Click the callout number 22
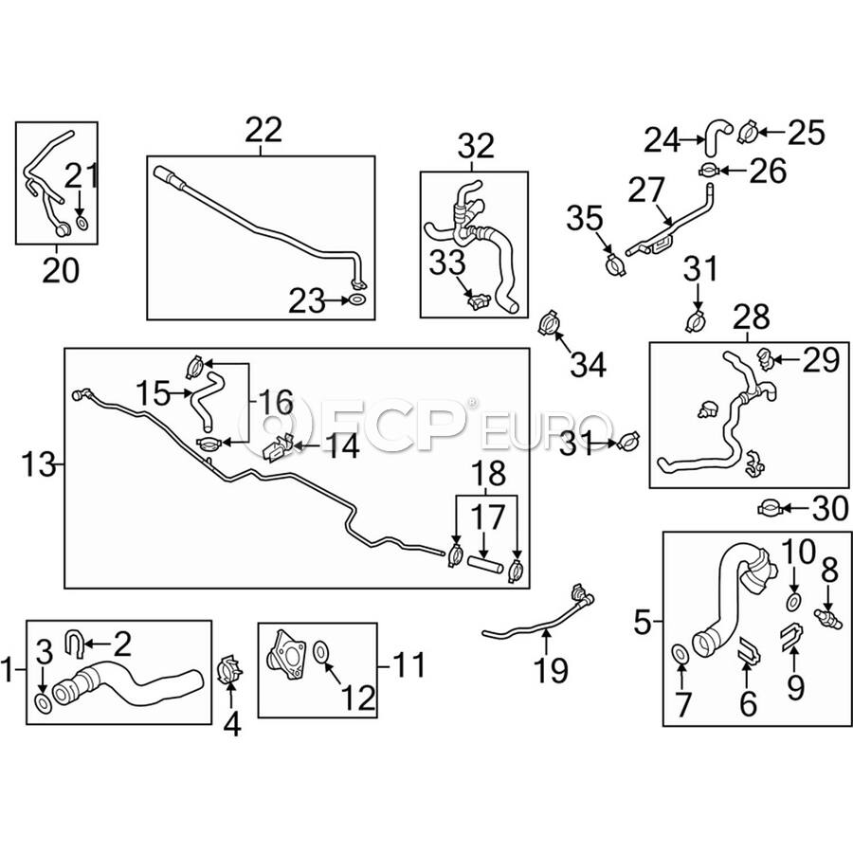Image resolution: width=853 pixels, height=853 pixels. coord(263,130)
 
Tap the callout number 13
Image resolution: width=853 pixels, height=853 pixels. coord(39,465)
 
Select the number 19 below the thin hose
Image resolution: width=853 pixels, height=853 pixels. coord(552,670)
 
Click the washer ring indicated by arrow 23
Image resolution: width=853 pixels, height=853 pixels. coord(357,299)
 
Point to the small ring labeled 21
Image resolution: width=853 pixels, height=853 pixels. coord(82,223)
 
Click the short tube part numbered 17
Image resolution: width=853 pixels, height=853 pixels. coord(483,564)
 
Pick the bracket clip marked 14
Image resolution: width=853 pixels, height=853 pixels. coord(278,447)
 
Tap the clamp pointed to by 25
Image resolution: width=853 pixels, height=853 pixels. coord(748,132)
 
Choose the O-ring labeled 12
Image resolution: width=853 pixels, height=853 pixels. coord(322,651)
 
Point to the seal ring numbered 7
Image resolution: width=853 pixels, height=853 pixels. coord(680,655)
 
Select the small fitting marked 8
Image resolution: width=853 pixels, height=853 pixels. coord(827,617)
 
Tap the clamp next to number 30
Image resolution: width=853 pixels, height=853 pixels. coord(771,509)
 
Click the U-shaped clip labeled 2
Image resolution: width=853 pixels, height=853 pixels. coord(73,642)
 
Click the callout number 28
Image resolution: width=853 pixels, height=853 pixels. coord(751,317)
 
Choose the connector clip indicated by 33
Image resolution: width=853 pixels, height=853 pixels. coord(478,300)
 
